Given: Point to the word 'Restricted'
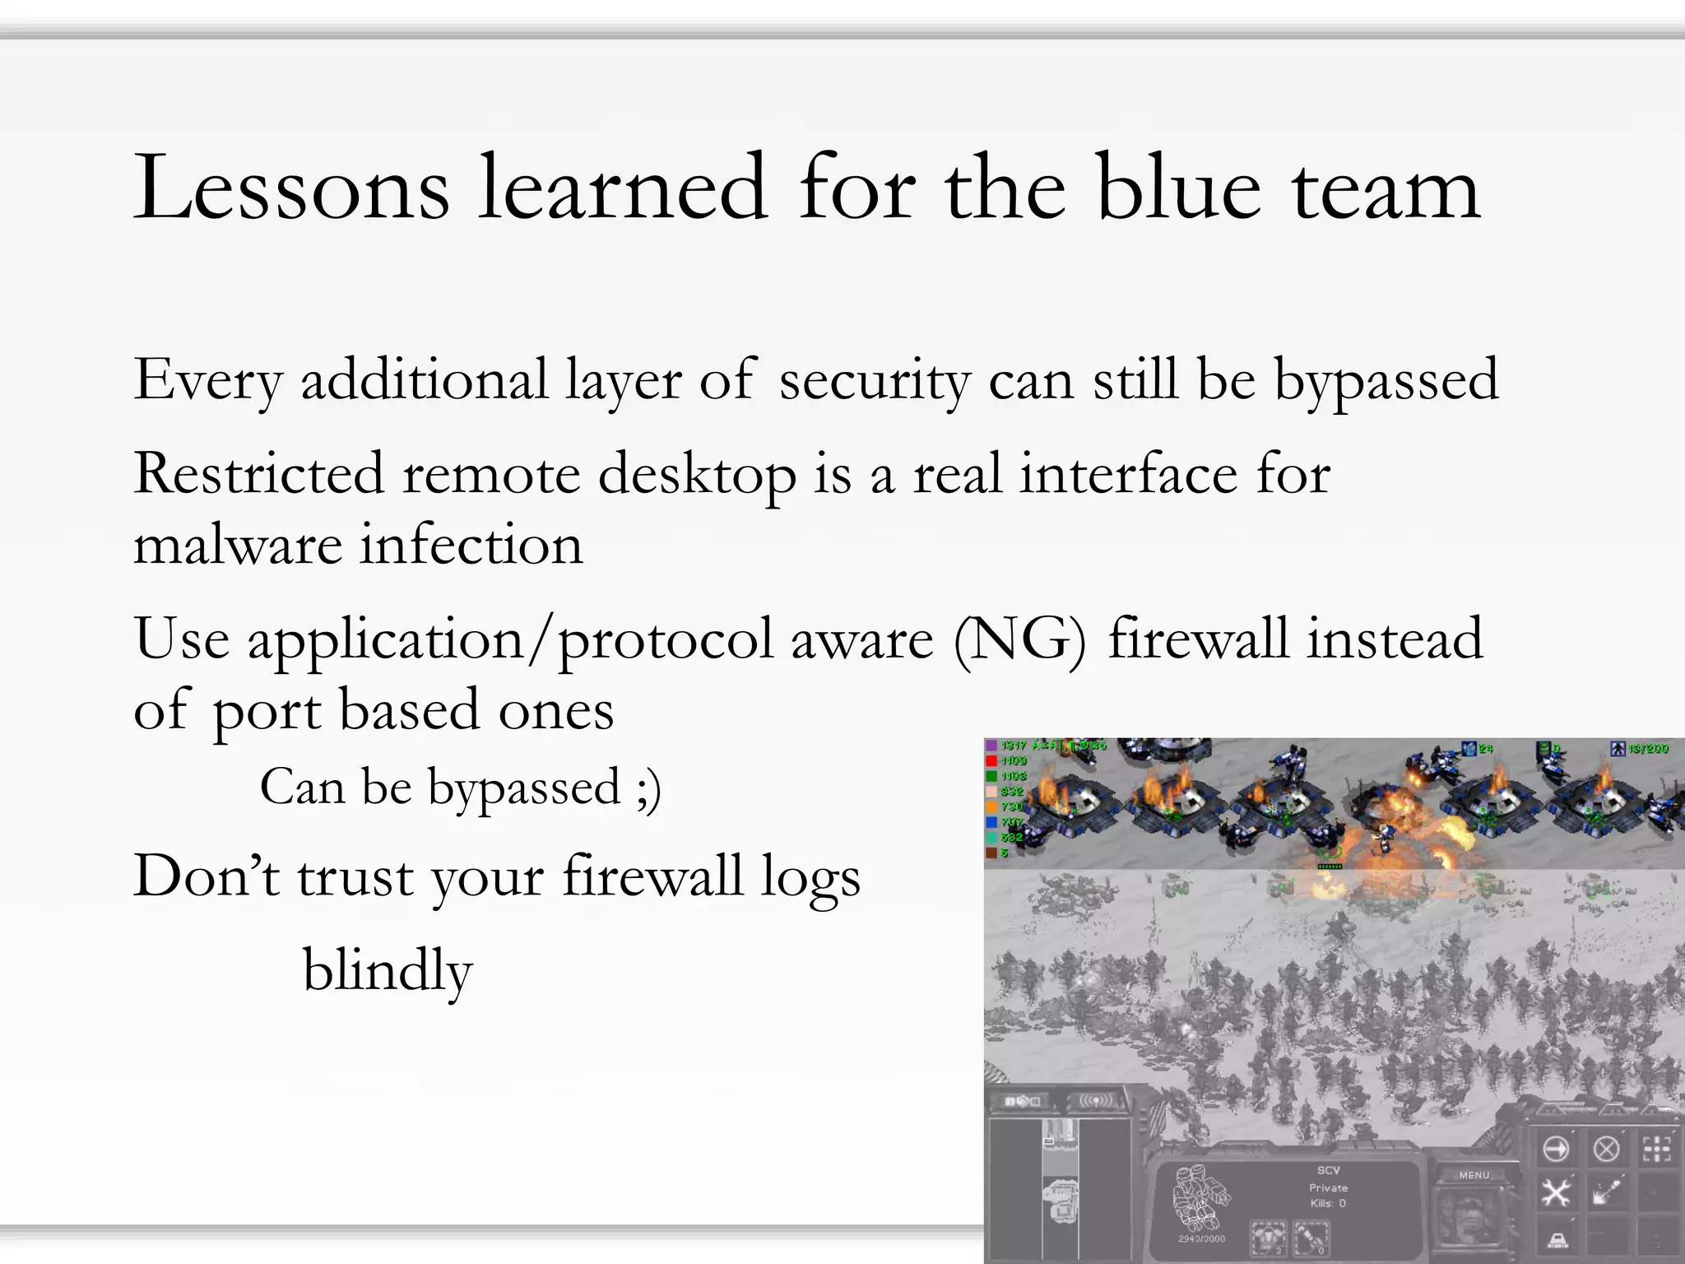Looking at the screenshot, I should [x=258, y=474].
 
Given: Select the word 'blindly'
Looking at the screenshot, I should [x=388, y=971].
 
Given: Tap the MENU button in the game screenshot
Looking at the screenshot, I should [x=1474, y=1175].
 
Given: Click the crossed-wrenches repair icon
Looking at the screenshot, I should [x=1556, y=1192].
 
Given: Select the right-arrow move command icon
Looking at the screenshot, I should [x=1556, y=1148].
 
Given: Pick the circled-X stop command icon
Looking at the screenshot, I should [x=1606, y=1148].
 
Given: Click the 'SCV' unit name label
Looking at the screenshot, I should [x=1329, y=1170].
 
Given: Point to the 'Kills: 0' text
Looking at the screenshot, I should [x=1329, y=1203].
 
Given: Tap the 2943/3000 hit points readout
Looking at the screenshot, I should [x=1202, y=1238].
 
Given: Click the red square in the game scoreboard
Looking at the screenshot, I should [x=991, y=761].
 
